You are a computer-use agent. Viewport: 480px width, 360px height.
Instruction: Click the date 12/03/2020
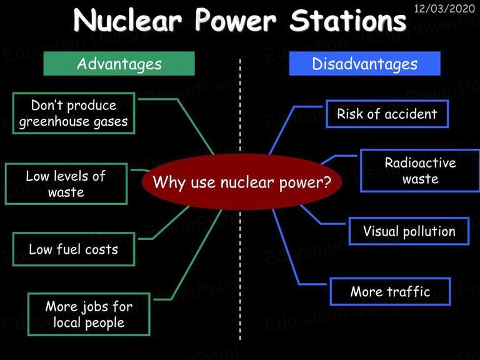444,8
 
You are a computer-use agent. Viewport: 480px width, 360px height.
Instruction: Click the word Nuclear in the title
127,21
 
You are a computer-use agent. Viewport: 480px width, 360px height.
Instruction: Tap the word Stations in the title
347,21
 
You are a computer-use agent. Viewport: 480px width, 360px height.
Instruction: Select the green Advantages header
119,63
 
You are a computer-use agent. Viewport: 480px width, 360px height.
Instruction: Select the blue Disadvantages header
364,63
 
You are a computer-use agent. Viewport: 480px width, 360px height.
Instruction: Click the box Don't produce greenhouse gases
74,113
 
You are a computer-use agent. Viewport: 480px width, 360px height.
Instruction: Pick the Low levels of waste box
66,184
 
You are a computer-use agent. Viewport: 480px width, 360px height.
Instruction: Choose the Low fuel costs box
74,249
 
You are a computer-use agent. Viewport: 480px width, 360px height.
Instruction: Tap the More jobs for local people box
89,314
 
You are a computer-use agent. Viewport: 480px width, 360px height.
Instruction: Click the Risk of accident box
387,114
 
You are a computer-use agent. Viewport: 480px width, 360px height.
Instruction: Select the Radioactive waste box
420,171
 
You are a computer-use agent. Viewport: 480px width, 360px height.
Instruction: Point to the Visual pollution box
409,231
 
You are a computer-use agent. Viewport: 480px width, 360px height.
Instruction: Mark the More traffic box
390,291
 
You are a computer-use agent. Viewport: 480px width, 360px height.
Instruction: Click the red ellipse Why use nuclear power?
242,182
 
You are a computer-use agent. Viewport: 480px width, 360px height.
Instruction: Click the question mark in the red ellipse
327,181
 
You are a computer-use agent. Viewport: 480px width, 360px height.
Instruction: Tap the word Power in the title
236,21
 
